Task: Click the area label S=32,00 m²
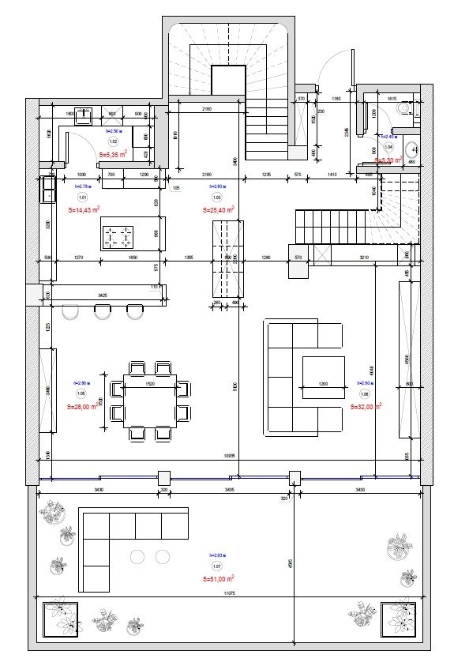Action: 366,407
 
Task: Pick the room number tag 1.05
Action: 81,393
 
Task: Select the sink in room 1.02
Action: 83,113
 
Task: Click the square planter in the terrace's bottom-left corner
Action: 60,618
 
